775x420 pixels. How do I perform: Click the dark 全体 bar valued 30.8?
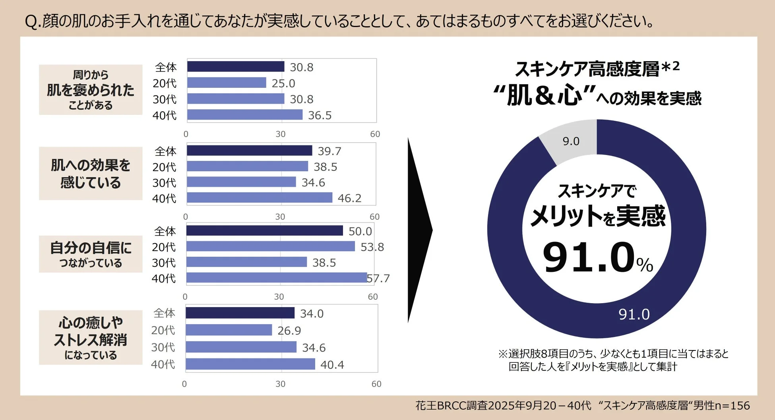click(x=236, y=66)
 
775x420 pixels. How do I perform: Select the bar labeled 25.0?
click(x=227, y=83)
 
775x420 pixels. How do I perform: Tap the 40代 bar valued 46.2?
click(x=259, y=197)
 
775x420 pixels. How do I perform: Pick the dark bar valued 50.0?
click(x=264, y=230)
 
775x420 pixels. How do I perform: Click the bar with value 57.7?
click(x=276, y=278)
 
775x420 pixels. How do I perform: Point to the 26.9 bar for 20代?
click(x=229, y=330)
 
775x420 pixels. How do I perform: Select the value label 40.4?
click(x=332, y=364)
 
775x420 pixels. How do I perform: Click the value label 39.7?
click(x=329, y=151)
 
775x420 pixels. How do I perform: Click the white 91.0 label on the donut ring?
click(x=634, y=314)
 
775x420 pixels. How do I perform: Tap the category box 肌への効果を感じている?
click(x=91, y=174)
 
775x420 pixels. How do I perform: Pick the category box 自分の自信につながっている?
click(x=91, y=254)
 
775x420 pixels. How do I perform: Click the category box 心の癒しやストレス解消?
click(x=91, y=338)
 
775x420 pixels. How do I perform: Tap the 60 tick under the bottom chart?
click(x=376, y=384)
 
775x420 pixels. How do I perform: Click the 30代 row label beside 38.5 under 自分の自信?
click(x=163, y=263)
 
